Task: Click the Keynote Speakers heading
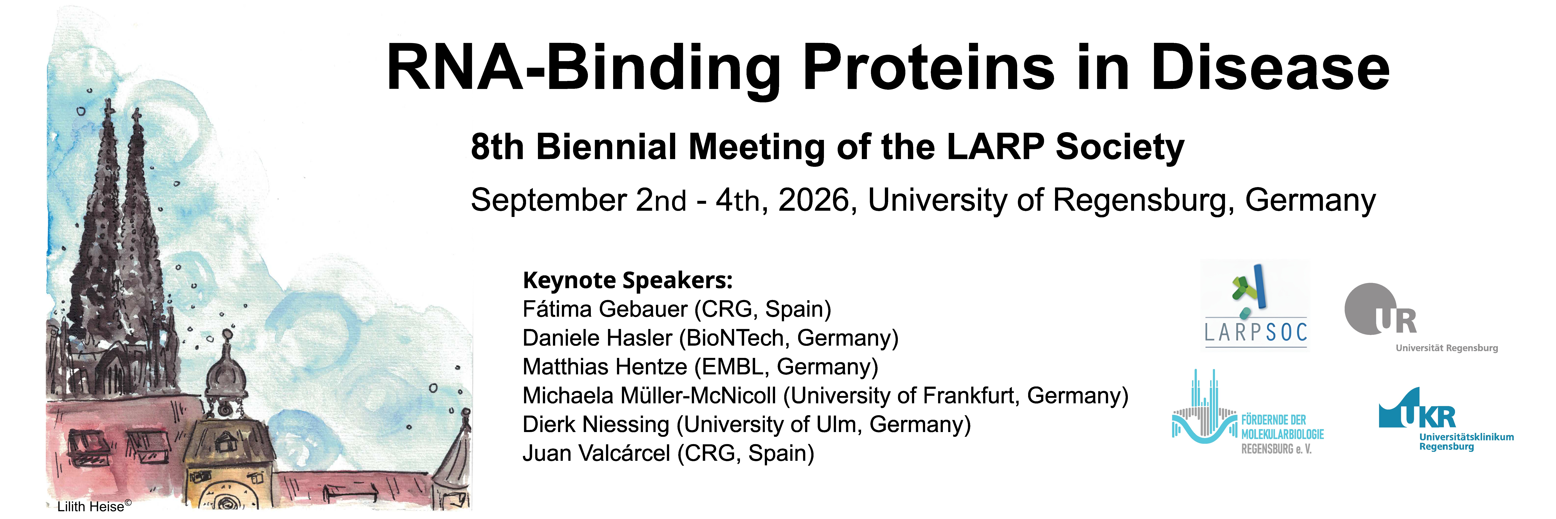(x=628, y=281)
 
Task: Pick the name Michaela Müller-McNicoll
(x=649, y=396)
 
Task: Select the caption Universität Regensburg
(x=1447, y=348)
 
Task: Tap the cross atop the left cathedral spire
(x=109, y=107)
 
